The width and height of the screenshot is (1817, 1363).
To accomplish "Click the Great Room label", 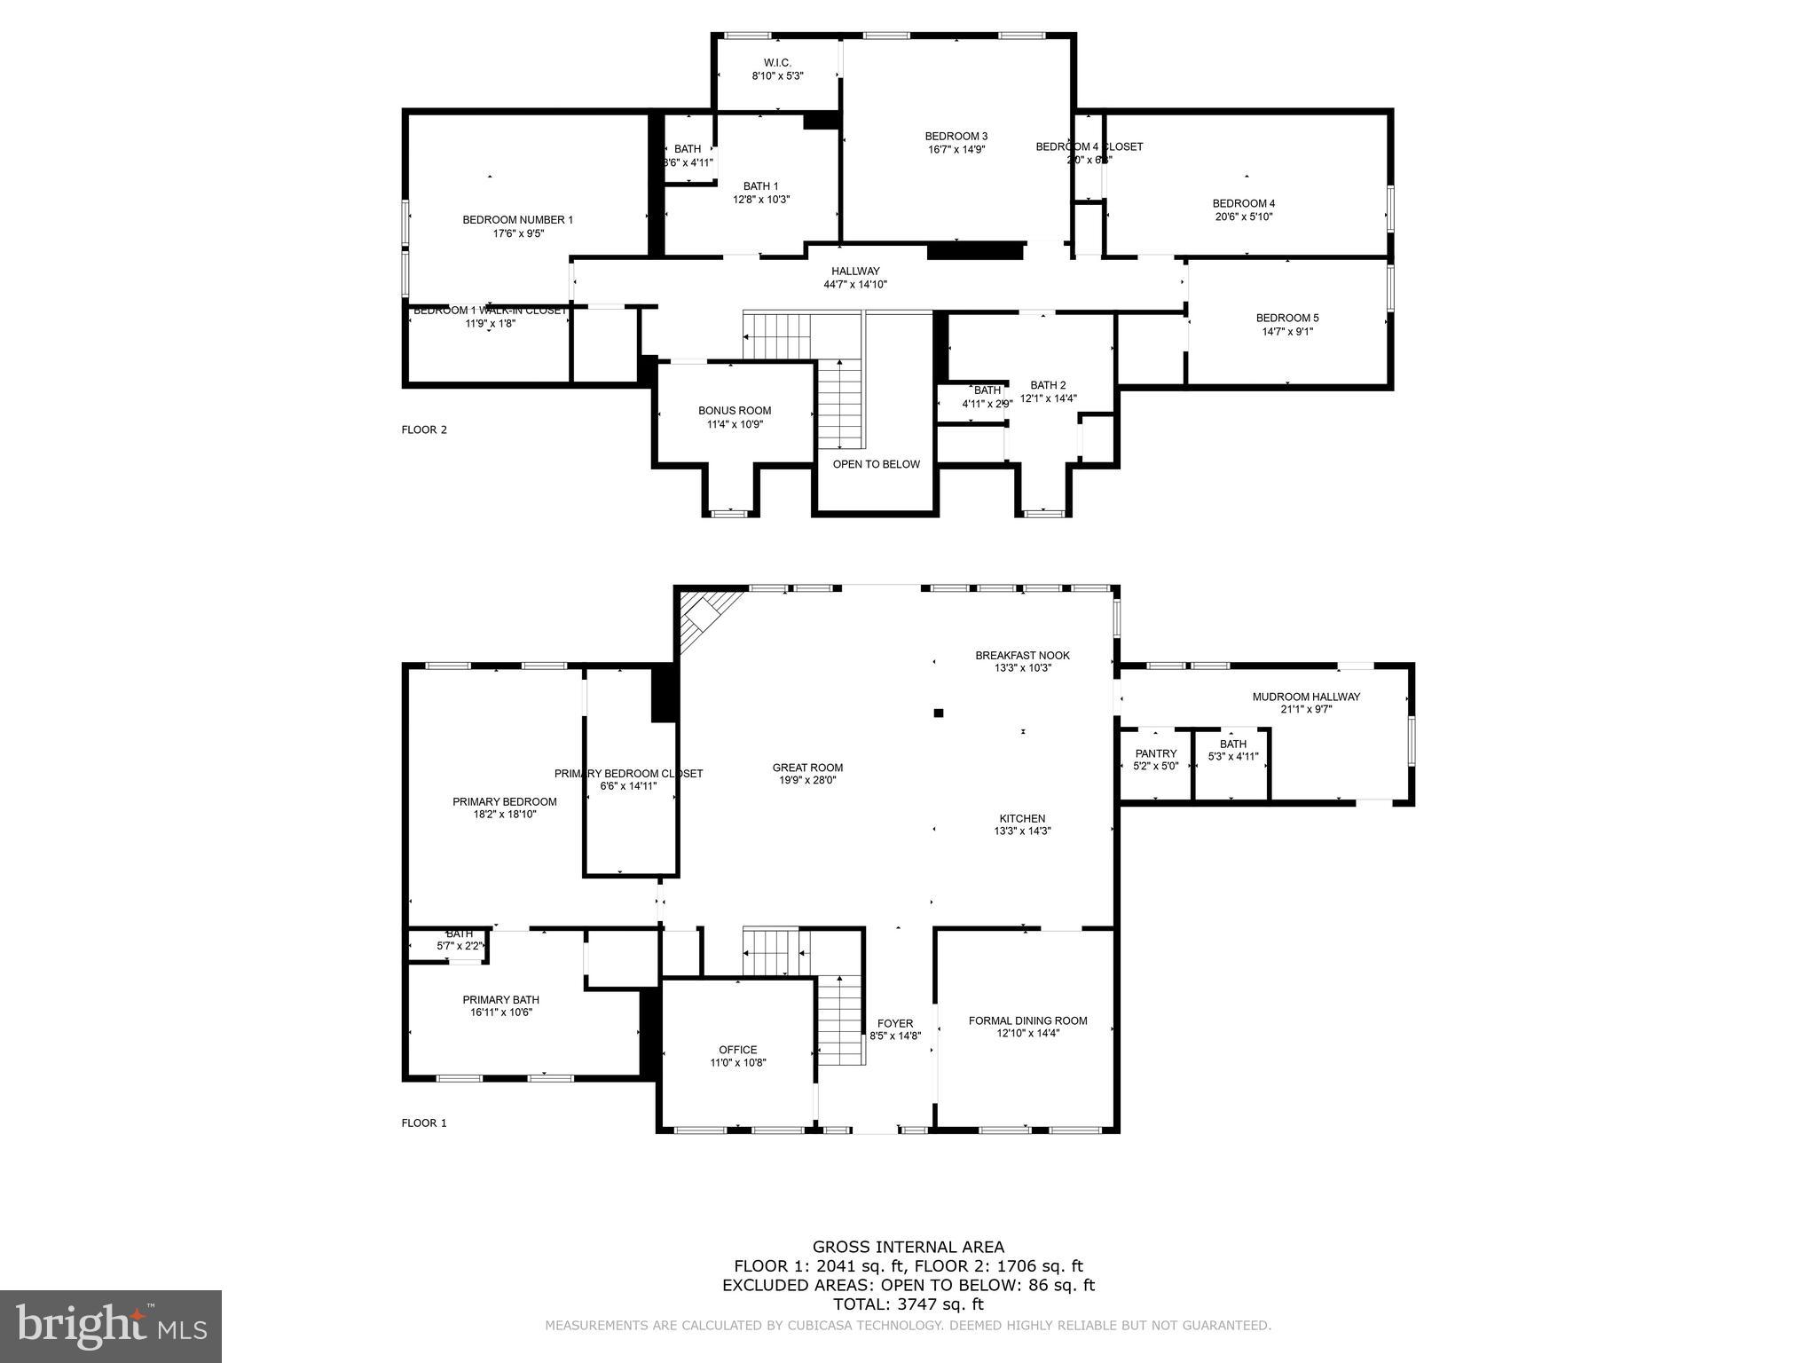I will (807, 768).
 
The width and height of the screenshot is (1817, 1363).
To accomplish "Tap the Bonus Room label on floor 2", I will (735, 410).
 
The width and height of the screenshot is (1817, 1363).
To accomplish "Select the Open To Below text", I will (876, 464).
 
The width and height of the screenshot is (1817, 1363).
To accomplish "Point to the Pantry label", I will (1155, 753).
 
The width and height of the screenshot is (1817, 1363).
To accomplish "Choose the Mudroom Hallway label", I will (1306, 697).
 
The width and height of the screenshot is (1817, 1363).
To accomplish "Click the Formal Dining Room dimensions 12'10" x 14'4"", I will (1027, 1033).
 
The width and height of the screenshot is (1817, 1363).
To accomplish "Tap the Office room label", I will (738, 1050).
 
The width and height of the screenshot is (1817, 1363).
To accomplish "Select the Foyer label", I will (895, 1023).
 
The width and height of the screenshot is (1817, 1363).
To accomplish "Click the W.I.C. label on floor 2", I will (777, 63).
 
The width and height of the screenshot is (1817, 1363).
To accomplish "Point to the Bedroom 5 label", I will (1287, 318).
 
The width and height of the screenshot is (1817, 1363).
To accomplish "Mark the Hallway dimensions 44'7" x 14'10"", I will (855, 285).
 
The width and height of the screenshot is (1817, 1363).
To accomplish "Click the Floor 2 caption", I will (424, 429).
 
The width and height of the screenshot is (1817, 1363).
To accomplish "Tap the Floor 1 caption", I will (424, 1123).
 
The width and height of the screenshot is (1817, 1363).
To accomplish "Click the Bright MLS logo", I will (111, 1326).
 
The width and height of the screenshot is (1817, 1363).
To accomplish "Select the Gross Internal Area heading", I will (908, 1247).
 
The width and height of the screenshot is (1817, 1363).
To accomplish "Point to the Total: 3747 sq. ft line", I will (908, 1304).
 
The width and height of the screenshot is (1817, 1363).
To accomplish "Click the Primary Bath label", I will (500, 999).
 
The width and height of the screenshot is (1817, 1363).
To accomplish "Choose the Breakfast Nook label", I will (1022, 655).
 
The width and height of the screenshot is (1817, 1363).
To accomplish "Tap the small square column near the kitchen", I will (938, 713).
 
